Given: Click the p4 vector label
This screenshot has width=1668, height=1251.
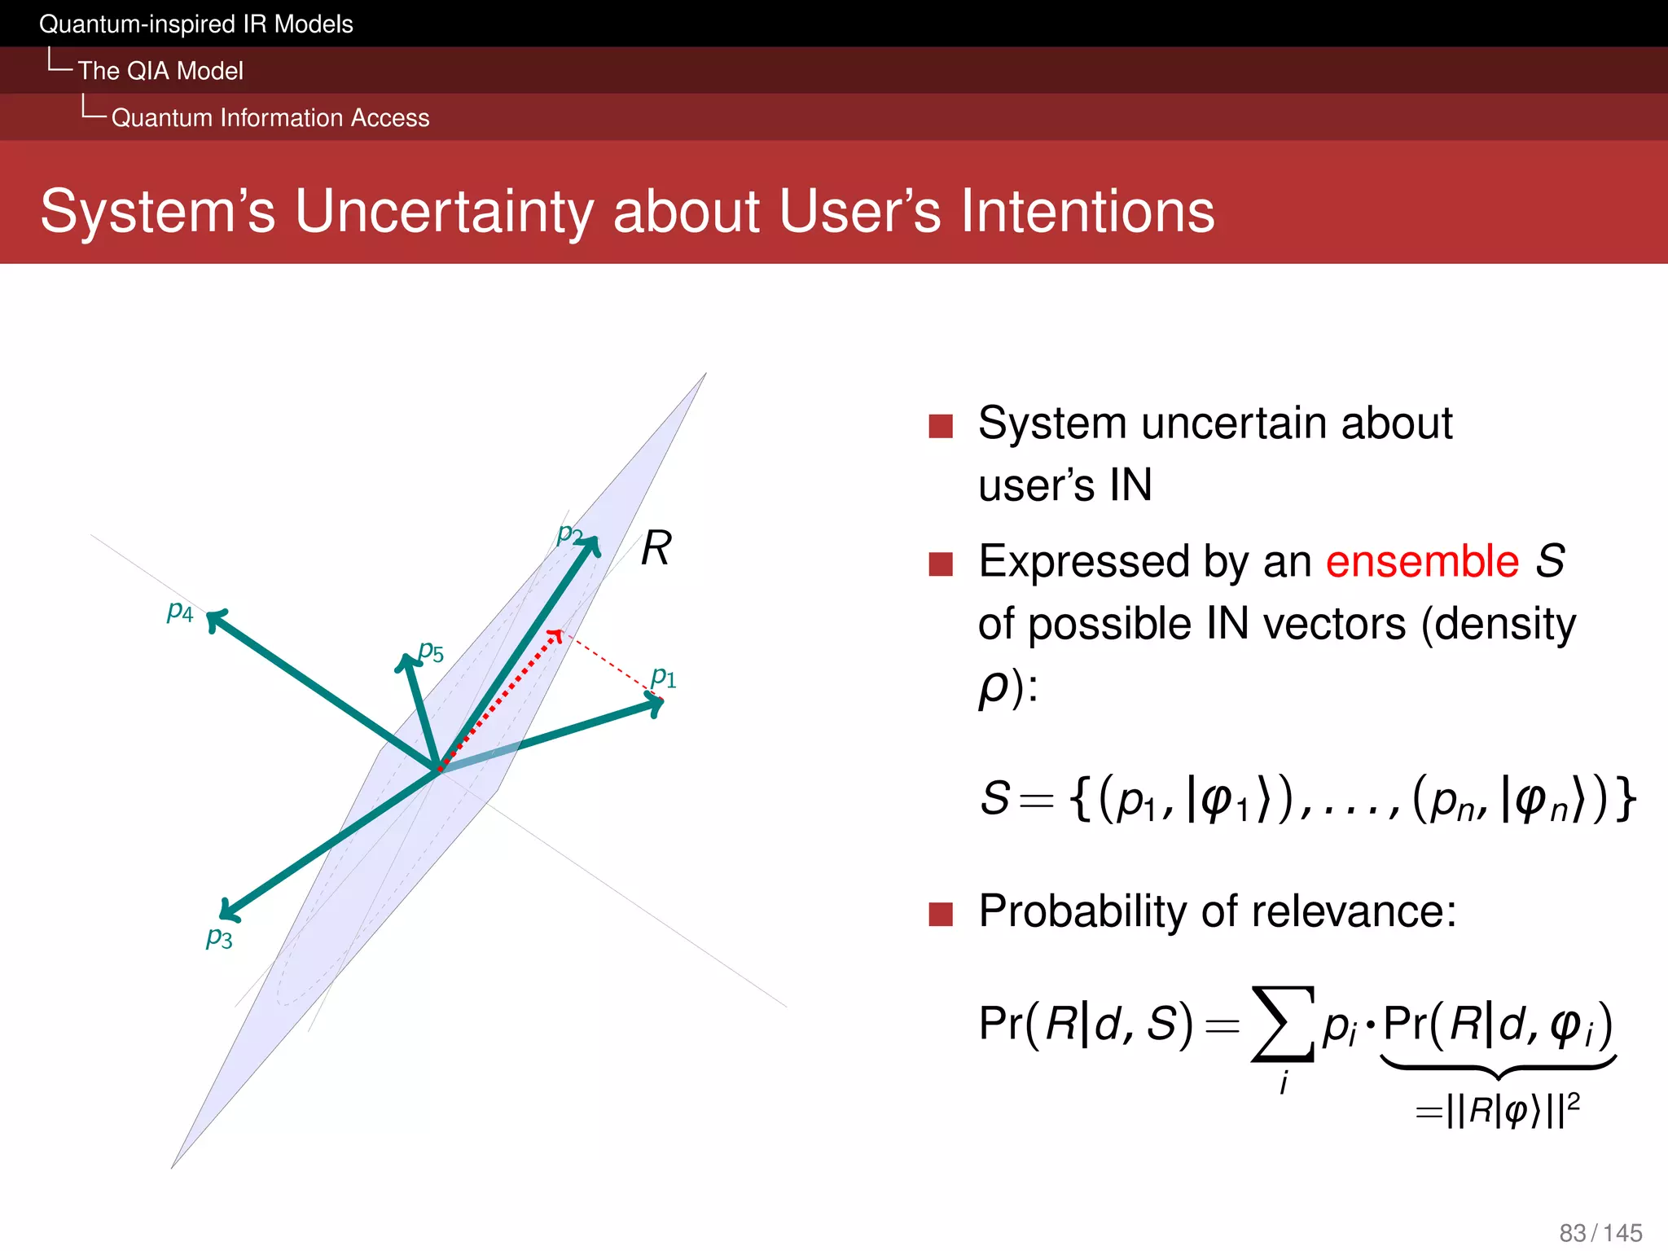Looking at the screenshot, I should click(x=180, y=612).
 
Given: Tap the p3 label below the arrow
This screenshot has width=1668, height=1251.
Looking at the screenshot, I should click(x=219, y=938).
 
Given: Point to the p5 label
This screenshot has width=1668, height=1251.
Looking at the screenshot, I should click(x=431, y=652).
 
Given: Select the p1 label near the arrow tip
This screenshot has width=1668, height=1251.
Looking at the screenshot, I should click(x=664, y=677).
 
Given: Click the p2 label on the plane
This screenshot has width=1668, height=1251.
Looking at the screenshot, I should click(x=569, y=534).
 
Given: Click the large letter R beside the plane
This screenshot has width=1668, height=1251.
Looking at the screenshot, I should click(x=656, y=548).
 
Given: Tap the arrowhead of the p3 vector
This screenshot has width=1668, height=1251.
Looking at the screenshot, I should click(x=229, y=911).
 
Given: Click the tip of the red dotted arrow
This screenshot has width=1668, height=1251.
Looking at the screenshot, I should click(x=556, y=634).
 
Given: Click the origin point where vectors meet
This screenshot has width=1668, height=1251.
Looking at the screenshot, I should click(x=439, y=770).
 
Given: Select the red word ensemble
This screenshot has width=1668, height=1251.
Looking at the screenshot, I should click(x=1422, y=562).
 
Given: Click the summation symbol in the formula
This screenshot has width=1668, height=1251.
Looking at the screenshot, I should click(x=1283, y=1024).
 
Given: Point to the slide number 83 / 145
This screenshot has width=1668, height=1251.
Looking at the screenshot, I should click(x=1600, y=1232).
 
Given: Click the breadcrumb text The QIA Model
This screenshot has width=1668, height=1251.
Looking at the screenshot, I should click(x=160, y=71).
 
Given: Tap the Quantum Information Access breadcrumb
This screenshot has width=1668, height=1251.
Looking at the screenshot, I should click(x=270, y=118).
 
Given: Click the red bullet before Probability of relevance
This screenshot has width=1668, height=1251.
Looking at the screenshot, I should click(x=941, y=914).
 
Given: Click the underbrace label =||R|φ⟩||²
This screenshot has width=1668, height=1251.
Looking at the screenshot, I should click(x=1498, y=1111).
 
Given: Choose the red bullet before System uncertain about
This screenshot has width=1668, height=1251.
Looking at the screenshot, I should click(x=941, y=426).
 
